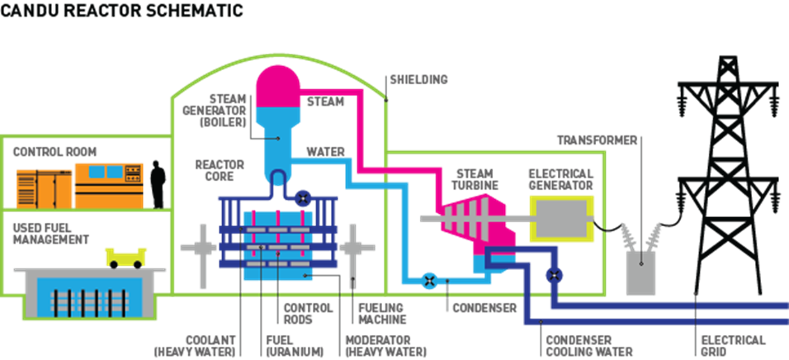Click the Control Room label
tap(54, 152)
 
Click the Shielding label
tap(418, 80)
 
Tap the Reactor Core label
tap(220, 170)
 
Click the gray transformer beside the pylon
tap(642, 264)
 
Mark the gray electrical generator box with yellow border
tap(561, 218)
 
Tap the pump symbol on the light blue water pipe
tap(429, 281)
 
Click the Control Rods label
tap(297, 313)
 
